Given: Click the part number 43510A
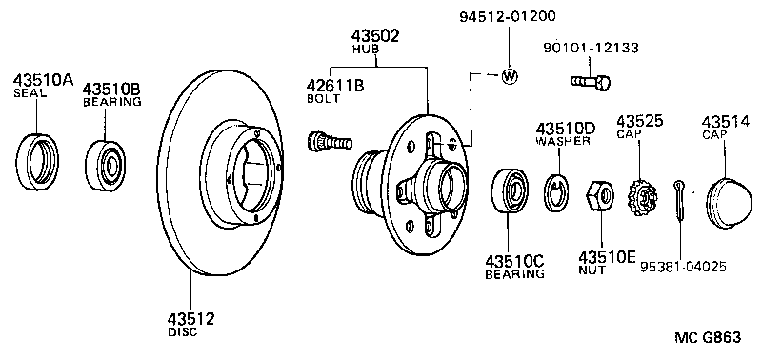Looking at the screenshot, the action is click(43, 79).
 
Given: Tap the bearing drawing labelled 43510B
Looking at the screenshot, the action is click(105, 165).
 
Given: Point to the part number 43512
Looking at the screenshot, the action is click(191, 319).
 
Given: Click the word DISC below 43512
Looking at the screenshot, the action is click(183, 332).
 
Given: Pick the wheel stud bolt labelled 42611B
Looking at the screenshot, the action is click(330, 141).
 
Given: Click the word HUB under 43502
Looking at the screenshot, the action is click(366, 50).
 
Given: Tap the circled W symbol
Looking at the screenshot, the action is click(510, 76).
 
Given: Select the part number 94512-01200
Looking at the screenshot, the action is click(508, 16).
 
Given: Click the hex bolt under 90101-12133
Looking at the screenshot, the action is click(591, 83).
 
